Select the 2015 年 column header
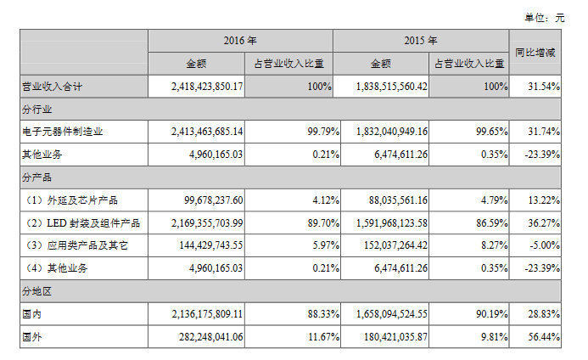[x=422, y=40]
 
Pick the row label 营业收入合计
[x=51, y=87]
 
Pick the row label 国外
[x=31, y=336]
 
